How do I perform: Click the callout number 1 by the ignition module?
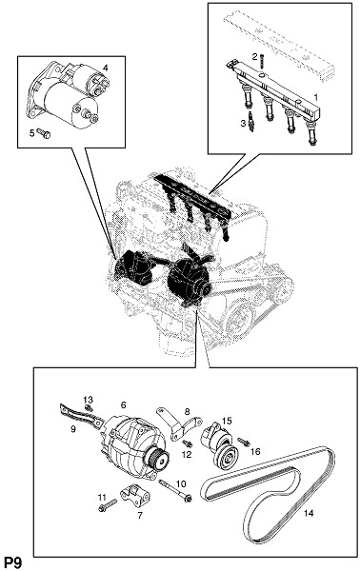pyautogui.click(x=315, y=97)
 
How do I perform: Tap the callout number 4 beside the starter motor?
pyautogui.click(x=105, y=68)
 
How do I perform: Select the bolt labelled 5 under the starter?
pyautogui.click(x=44, y=133)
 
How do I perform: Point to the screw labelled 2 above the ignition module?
pyautogui.click(x=261, y=60)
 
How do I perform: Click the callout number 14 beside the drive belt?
pyautogui.click(x=309, y=513)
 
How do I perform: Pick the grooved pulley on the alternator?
pyautogui.click(x=158, y=458)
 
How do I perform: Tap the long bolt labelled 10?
pyautogui.click(x=175, y=490)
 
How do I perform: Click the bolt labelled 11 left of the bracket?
pyautogui.click(x=108, y=504)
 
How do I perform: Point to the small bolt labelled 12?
pyautogui.click(x=188, y=443)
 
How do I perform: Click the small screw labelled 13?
pyautogui.click(x=89, y=408)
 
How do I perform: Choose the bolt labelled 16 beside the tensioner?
pyautogui.click(x=244, y=442)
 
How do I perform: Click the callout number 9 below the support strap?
pyautogui.click(x=73, y=429)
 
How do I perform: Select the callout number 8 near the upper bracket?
pyautogui.click(x=188, y=412)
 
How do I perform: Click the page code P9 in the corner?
pyautogui.click(x=12, y=562)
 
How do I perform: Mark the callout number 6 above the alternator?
pyautogui.click(x=124, y=404)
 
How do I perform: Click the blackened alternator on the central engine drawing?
pyautogui.click(x=189, y=283)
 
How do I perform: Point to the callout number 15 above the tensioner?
pyautogui.click(x=227, y=421)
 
